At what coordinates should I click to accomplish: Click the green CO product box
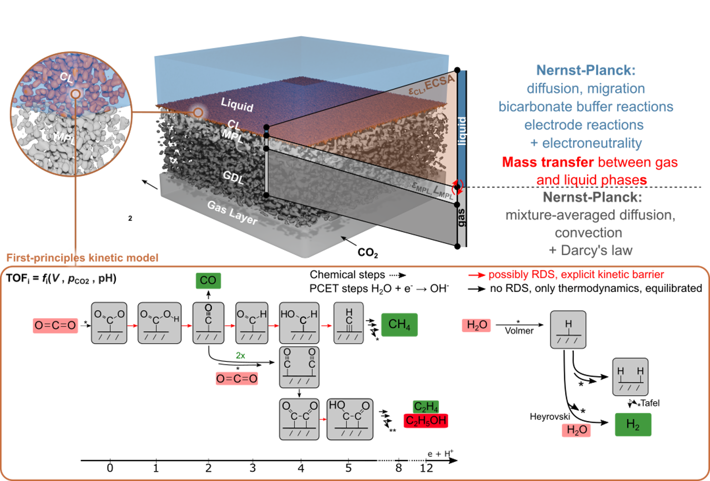(x=208, y=280)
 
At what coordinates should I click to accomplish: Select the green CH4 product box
(x=399, y=324)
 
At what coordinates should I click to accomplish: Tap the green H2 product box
(x=633, y=425)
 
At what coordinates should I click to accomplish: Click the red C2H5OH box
(x=426, y=420)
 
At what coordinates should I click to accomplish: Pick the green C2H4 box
(x=426, y=407)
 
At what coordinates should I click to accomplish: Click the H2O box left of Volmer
(x=476, y=325)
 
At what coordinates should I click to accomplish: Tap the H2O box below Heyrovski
(x=576, y=430)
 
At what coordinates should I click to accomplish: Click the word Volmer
(x=519, y=331)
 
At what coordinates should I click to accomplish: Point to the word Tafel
(x=650, y=403)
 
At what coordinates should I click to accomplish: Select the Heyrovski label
(x=550, y=417)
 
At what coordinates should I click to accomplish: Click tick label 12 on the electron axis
(x=426, y=468)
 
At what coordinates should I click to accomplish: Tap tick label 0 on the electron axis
(x=110, y=468)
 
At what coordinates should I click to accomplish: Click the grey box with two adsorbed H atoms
(x=630, y=377)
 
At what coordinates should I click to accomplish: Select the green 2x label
(x=240, y=355)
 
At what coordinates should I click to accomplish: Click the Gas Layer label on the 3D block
(x=232, y=213)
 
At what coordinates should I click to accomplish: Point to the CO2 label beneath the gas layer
(x=368, y=253)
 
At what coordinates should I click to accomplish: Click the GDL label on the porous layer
(x=233, y=177)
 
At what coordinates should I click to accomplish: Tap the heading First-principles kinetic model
(x=82, y=258)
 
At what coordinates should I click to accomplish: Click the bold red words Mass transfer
(x=548, y=162)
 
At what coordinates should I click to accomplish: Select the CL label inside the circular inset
(x=67, y=77)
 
